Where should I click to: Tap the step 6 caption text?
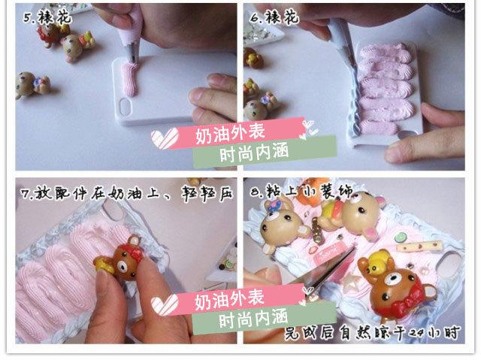[x=270, y=14]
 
